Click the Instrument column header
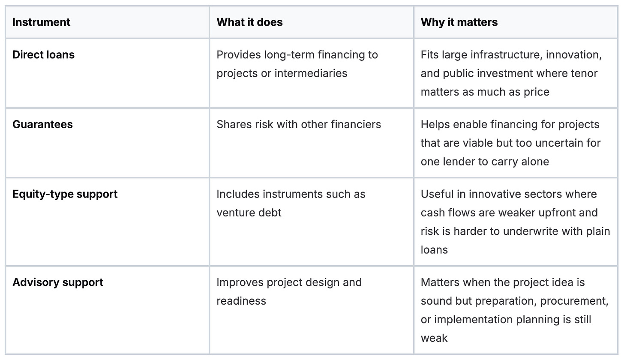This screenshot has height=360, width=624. [41, 22]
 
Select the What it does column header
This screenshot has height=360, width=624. [249, 22]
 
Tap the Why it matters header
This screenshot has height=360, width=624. [459, 22]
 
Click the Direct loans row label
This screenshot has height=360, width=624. [43, 55]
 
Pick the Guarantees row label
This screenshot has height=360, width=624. [42, 125]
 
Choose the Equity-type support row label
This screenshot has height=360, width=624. [65, 194]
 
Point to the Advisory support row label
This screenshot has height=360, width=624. [58, 282]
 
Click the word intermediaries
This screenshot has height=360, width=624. [311, 74]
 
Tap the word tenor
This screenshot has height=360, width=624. [584, 74]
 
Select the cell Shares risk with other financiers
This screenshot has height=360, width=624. [299, 125]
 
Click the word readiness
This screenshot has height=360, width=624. [241, 301]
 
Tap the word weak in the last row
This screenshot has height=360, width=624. [434, 338]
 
